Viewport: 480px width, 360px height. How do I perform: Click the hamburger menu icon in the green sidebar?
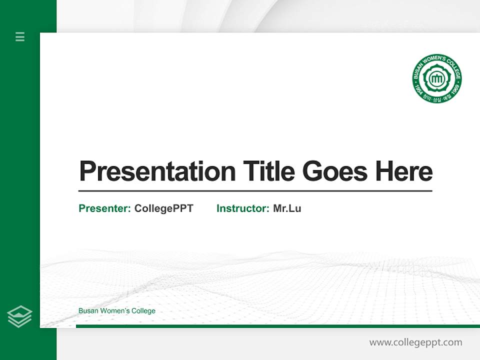point(20,36)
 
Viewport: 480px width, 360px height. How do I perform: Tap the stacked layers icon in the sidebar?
point(19,316)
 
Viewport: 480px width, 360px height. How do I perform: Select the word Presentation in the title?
point(157,171)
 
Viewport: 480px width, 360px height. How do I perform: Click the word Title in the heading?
point(268,171)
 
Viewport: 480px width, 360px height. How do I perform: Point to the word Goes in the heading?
point(334,171)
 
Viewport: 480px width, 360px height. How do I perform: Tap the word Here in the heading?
point(403,171)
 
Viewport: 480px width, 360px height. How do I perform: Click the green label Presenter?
point(104,208)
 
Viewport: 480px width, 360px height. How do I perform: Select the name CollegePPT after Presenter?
point(163,208)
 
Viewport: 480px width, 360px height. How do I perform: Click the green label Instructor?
point(242,208)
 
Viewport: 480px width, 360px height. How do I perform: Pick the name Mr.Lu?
point(287,208)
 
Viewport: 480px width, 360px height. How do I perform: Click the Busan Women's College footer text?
point(116,311)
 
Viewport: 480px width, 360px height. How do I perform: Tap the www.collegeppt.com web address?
point(415,342)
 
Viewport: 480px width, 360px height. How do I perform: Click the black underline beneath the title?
point(255,191)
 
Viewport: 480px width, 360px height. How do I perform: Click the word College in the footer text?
point(143,311)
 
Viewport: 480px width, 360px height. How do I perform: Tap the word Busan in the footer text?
point(88,311)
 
